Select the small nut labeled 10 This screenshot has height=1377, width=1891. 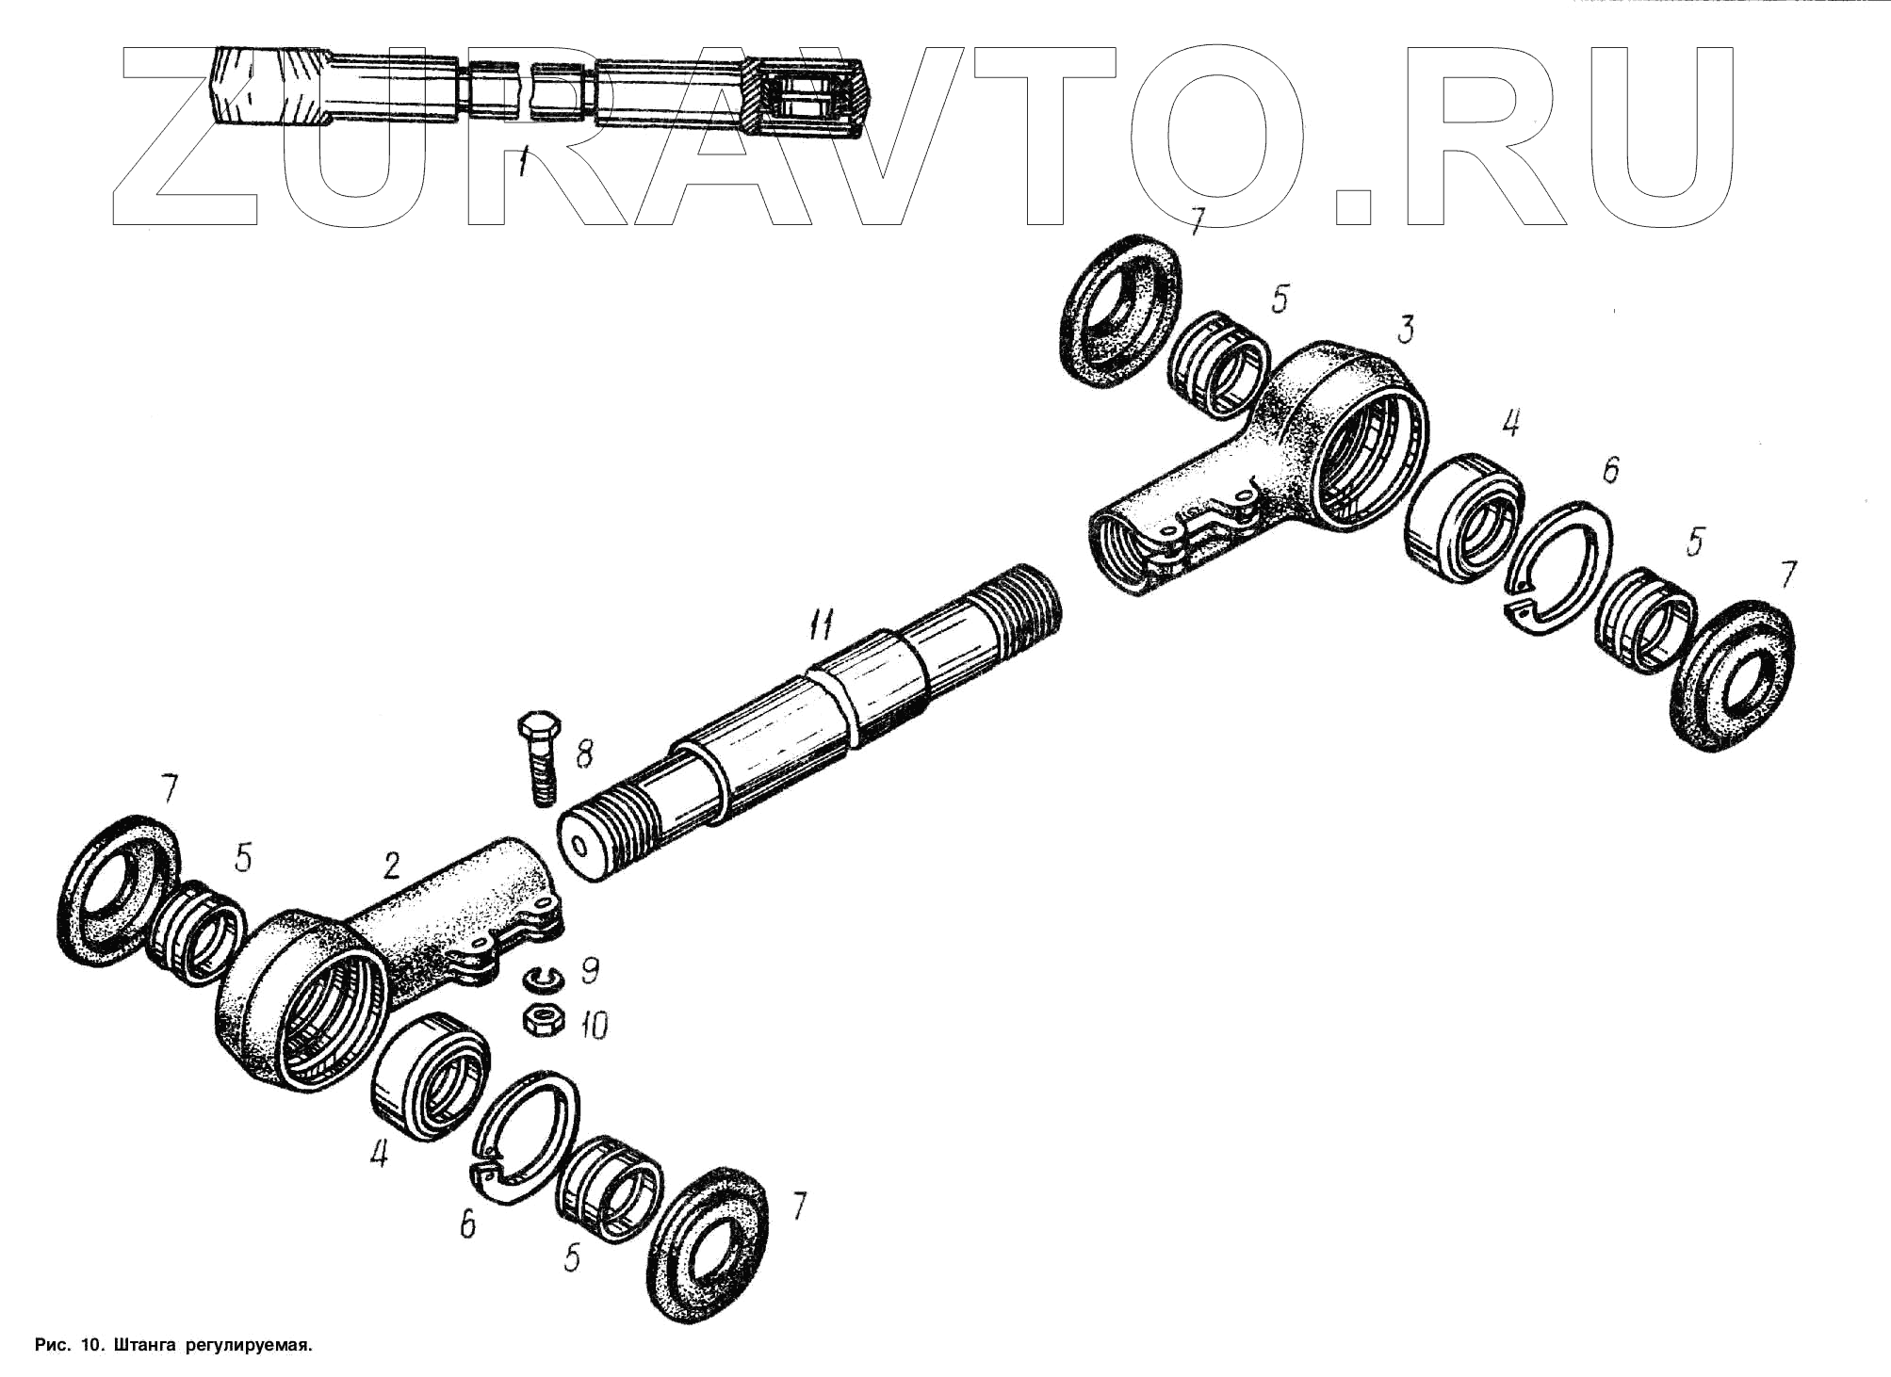544,1020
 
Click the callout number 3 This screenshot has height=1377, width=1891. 1405,330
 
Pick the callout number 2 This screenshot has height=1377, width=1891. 392,866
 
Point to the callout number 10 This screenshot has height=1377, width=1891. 594,1025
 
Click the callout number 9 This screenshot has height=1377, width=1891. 590,970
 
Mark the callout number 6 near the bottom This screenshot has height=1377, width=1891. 467,1224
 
